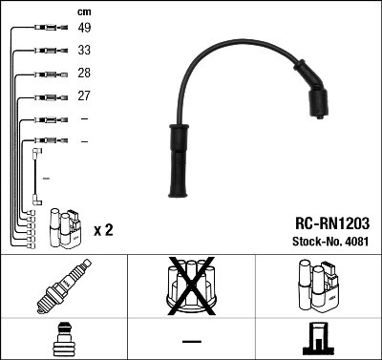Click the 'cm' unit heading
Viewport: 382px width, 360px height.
83,11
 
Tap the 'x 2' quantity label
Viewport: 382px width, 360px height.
104,230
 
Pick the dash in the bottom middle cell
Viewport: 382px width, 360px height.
191,341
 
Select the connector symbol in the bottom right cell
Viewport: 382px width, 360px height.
318,340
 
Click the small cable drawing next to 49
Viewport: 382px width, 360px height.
47,29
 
